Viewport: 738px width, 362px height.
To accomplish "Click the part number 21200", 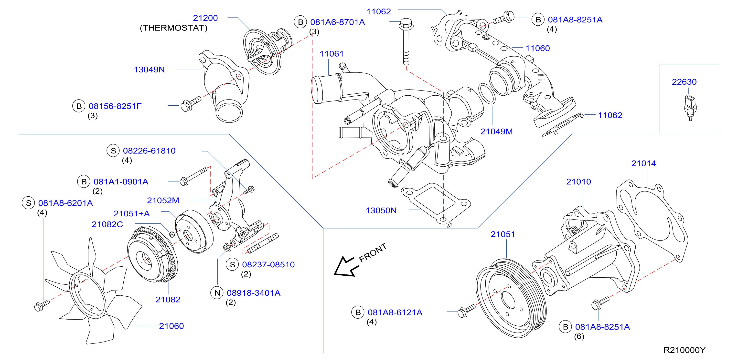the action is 205,18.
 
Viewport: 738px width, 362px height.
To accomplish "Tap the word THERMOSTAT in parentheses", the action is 173,28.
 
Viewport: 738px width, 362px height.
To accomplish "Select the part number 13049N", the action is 149,70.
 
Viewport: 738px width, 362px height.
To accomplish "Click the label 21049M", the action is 496,132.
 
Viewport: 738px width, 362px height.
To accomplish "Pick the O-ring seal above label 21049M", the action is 487,94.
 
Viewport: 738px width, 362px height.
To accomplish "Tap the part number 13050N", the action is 381,211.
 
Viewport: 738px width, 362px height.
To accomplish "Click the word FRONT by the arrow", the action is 373,253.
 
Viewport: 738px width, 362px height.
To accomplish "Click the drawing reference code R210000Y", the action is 684,350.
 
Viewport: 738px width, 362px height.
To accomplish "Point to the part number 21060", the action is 171,326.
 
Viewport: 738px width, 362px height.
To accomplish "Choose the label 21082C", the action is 107,224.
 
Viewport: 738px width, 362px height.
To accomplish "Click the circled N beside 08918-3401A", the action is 217,293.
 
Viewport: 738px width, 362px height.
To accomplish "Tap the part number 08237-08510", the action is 268,264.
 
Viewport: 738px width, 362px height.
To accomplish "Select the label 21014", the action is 643,163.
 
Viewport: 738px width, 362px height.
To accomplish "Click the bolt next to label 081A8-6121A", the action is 466,311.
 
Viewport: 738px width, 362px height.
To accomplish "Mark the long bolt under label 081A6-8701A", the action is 406,42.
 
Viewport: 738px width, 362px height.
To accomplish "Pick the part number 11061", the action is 332,54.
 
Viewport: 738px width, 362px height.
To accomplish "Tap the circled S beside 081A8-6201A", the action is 28,203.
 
